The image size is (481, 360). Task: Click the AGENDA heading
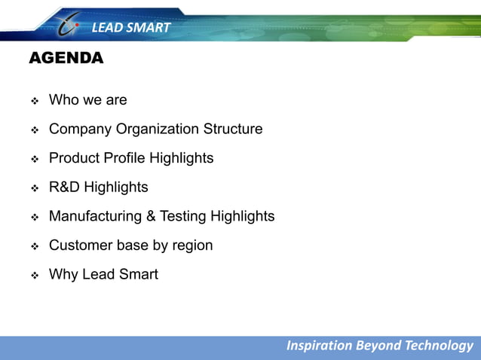66,59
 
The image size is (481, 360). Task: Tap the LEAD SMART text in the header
131,29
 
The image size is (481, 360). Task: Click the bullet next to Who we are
34,100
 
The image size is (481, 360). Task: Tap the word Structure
233,129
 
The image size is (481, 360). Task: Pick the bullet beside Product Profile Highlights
34,159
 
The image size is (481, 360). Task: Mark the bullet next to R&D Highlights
34,188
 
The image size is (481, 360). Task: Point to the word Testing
183,216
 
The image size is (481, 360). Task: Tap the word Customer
79,246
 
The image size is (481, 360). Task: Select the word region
191,246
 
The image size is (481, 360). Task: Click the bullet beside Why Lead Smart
34,275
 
